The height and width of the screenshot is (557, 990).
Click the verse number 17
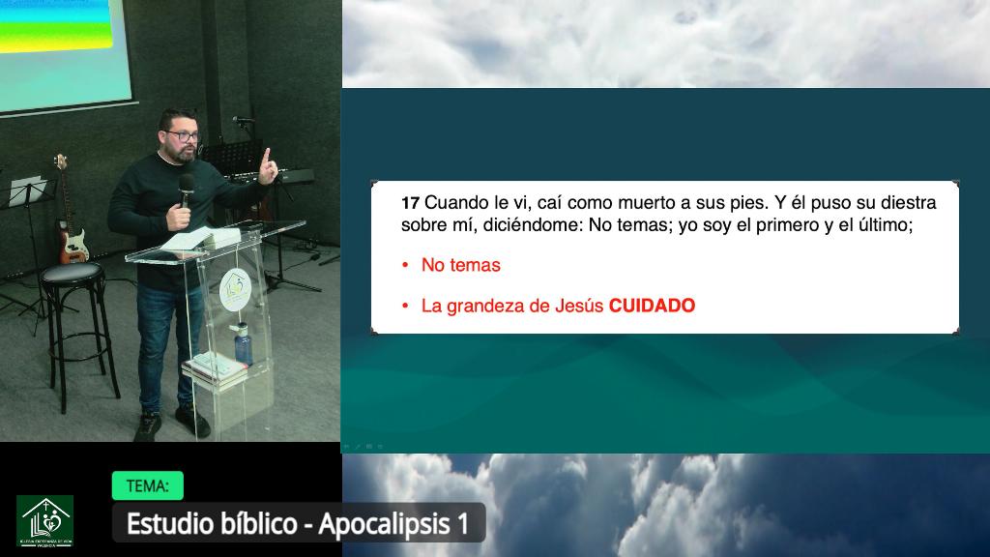(x=410, y=204)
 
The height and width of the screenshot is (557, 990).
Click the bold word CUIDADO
(x=652, y=307)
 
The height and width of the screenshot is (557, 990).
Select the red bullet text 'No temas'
(x=461, y=265)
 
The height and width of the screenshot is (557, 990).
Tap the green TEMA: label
(x=147, y=485)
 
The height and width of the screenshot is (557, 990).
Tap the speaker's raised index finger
(x=267, y=158)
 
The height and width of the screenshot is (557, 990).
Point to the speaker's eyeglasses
(x=184, y=136)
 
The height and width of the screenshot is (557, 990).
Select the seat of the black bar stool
(x=73, y=273)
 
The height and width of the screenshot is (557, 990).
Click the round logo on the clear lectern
(x=235, y=288)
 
